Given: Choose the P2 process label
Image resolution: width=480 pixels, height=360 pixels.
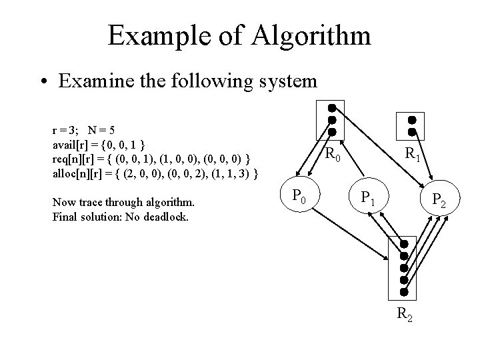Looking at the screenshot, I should [439, 199].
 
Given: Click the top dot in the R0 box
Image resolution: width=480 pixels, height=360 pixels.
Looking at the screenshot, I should [331, 108].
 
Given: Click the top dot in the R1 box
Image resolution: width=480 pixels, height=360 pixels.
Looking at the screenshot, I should [412, 120].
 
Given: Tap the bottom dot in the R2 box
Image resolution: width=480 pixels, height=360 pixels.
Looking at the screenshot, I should [403, 292].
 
